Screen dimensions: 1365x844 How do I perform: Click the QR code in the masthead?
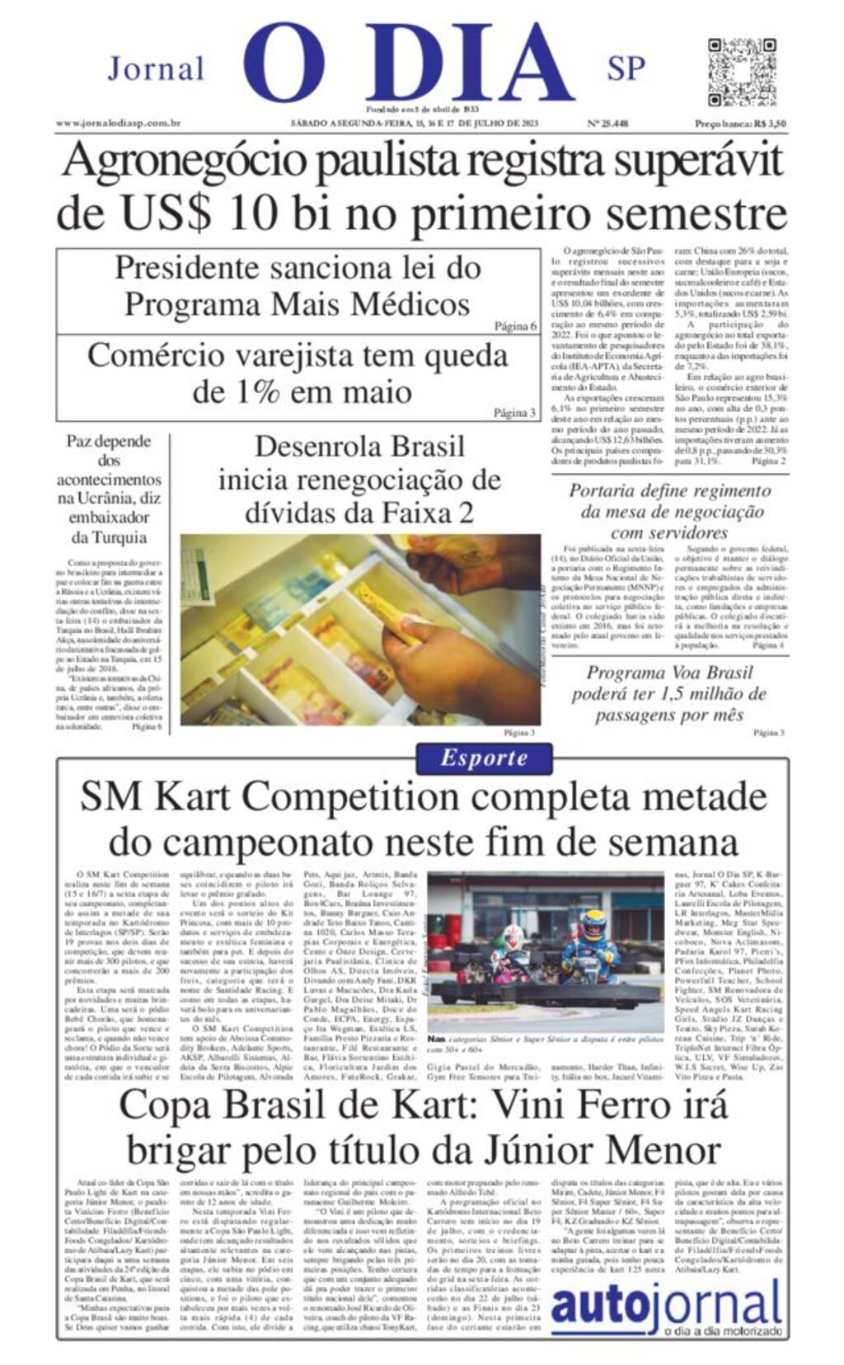coord(730,69)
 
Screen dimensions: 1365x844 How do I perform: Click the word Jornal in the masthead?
coord(156,68)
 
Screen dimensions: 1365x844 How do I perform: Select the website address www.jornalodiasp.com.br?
coord(119,124)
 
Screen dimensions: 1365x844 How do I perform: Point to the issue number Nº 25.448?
coord(607,124)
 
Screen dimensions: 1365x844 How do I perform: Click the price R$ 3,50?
coord(770,124)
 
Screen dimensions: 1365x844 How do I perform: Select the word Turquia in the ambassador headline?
coord(109,537)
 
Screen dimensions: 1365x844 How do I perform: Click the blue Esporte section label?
coord(484,758)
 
